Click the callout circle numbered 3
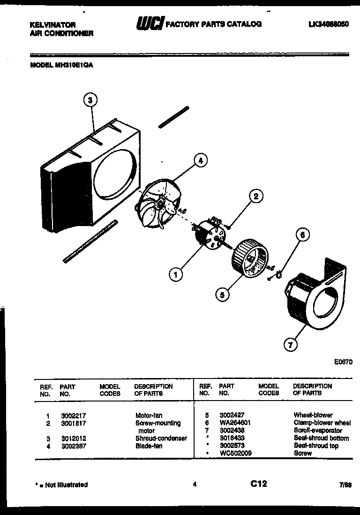pyautogui.click(x=91, y=99)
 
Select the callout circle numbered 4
pyautogui.click(x=200, y=161)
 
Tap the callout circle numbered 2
pyautogui.click(x=256, y=197)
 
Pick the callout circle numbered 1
pyautogui.click(x=175, y=274)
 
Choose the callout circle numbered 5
pyautogui.click(x=223, y=294)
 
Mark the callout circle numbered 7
pyautogui.click(x=291, y=345)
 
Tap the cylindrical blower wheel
pyautogui.click(x=251, y=259)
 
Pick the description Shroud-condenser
pyautogui.click(x=161, y=439)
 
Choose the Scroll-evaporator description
pyautogui.click(x=317, y=431)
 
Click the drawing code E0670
pyautogui.click(x=343, y=362)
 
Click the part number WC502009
pyautogui.click(x=235, y=454)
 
